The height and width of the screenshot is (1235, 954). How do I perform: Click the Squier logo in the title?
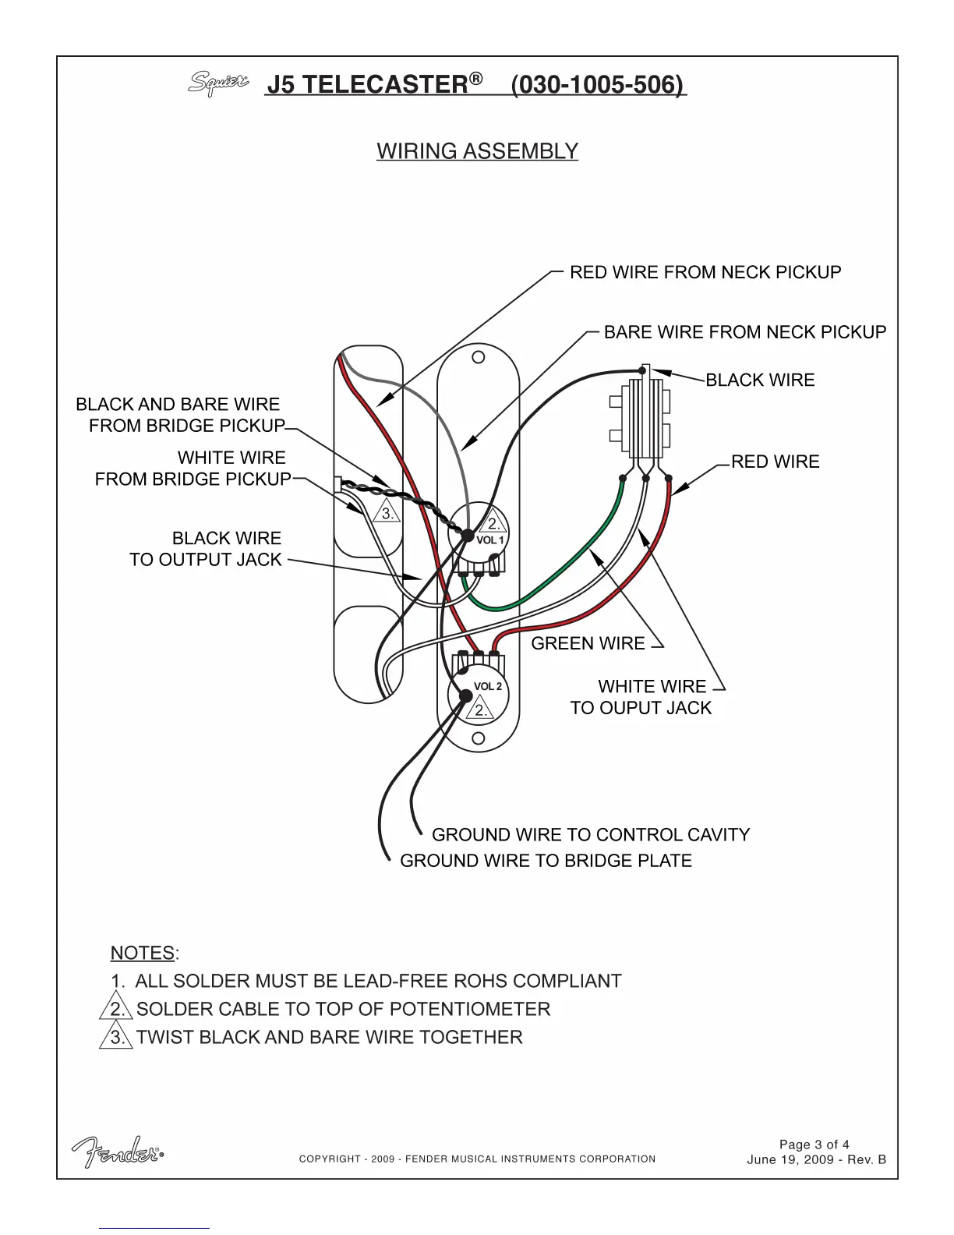point(218,83)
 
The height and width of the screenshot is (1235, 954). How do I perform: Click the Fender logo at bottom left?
point(118,1152)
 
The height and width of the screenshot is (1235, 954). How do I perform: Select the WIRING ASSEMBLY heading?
point(477,151)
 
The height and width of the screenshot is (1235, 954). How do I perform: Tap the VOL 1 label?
point(490,540)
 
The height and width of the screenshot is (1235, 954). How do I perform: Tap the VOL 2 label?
point(488,687)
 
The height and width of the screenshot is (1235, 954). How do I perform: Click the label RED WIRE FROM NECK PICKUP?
point(705,272)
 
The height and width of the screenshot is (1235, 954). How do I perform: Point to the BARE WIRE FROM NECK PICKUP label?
point(745,332)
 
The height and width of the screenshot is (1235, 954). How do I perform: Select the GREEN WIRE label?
point(588,643)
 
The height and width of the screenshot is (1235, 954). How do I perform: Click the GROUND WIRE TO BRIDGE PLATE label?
point(546,861)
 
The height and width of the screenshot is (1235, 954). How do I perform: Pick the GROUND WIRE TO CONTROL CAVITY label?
point(591,835)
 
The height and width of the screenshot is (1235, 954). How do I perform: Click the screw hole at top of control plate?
point(479,357)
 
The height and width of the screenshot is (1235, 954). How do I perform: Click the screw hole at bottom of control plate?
point(479,738)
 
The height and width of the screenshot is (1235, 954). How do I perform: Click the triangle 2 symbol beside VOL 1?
point(493,523)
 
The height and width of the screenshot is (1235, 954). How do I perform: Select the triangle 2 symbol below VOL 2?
point(480,710)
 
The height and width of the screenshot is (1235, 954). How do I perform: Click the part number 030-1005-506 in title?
point(599,84)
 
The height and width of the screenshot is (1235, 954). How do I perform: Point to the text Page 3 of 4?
point(814,1145)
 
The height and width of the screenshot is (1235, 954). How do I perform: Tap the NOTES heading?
point(143,954)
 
